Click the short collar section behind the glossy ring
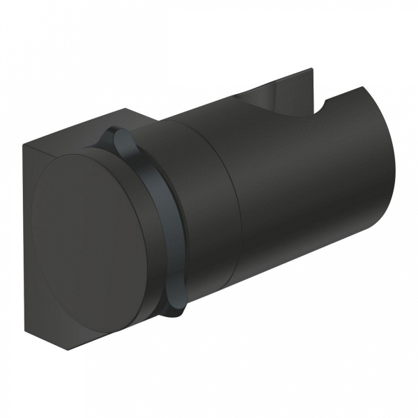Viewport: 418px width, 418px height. [202, 216]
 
